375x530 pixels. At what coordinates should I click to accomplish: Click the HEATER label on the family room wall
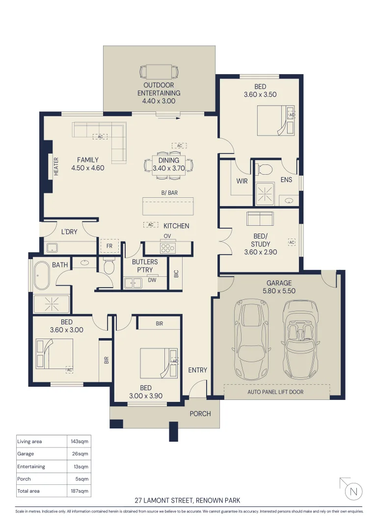point(56,166)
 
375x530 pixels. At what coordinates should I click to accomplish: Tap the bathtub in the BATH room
point(41,275)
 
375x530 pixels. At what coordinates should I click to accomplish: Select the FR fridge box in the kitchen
point(109,246)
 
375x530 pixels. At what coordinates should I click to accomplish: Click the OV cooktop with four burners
point(168,248)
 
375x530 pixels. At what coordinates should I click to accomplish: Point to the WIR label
point(242,181)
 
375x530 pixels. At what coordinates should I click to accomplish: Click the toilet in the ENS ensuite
point(264,169)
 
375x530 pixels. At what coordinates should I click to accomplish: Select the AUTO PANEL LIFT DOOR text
point(275,392)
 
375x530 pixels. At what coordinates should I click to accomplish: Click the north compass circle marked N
point(354,491)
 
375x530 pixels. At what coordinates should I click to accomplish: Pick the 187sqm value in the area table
point(79,491)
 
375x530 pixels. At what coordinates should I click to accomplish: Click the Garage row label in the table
point(26,454)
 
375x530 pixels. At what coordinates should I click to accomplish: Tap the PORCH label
point(200,413)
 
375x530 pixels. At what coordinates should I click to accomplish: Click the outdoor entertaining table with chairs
point(159,71)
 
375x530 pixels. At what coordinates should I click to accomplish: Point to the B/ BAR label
point(169,193)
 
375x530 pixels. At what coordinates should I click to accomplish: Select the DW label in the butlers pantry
point(152,280)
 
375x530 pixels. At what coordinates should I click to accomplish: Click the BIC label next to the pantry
point(176,273)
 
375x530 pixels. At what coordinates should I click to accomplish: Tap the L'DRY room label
point(69,232)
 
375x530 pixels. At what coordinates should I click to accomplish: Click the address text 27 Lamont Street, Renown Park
point(187,500)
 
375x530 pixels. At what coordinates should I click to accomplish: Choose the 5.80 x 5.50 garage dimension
point(279,291)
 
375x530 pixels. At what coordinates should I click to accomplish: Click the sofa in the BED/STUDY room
point(260,218)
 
